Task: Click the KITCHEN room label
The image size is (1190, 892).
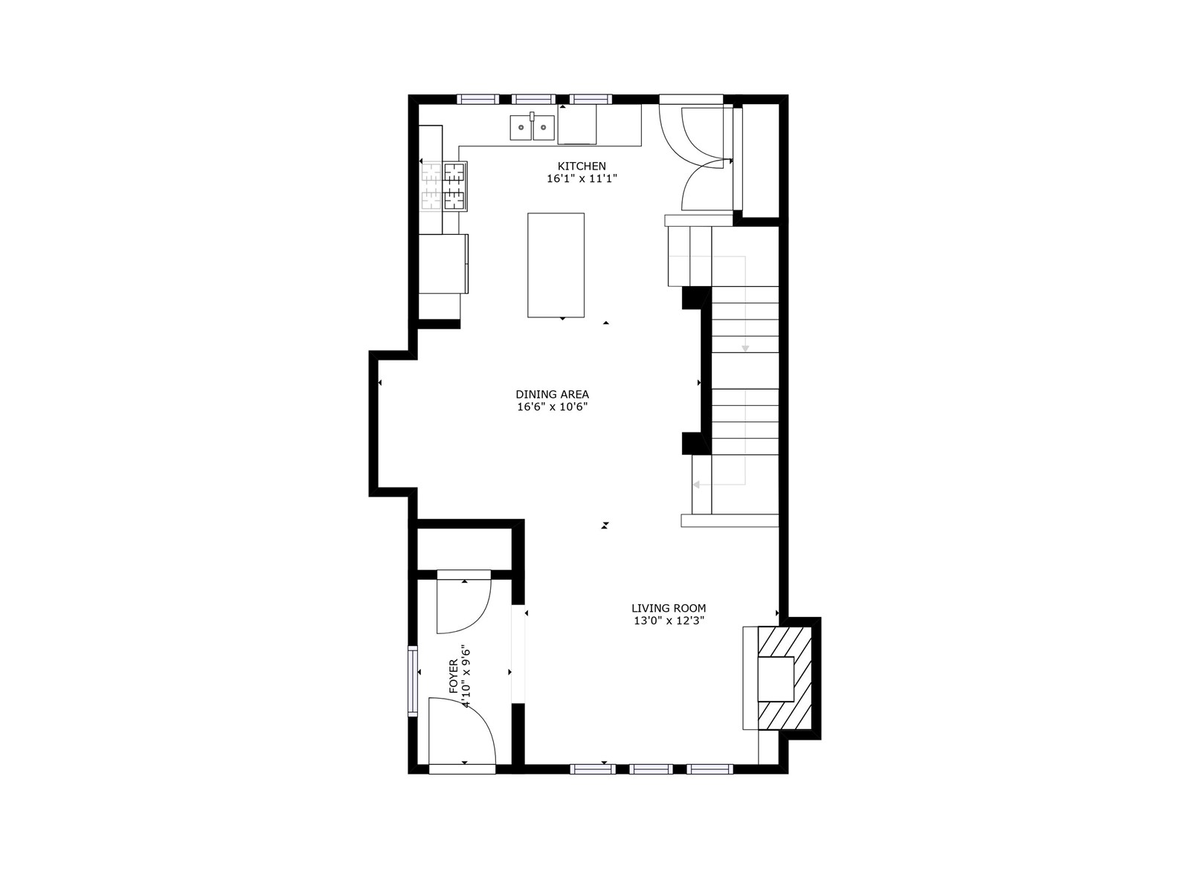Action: click(x=582, y=167)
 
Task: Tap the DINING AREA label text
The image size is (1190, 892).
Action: click(x=552, y=394)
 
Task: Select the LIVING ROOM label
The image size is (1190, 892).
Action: click(x=669, y=608)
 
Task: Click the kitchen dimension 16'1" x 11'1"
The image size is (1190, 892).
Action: click(x=582, y=178)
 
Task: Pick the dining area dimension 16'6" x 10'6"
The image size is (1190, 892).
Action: click(x=552, y=407)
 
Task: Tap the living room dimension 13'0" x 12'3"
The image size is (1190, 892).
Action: click(x=669, y=621)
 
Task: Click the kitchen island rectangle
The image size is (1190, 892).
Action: click(x=556, y=265)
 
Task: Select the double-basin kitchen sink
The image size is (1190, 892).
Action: click(x=532, y=127)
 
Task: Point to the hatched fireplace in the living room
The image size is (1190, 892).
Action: click(x=785, y=677)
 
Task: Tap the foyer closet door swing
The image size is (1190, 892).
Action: click(x=464, y=606)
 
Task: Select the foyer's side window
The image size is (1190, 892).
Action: click(x=413, y=681)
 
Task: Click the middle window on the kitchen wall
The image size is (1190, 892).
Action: click(x=533, y=99)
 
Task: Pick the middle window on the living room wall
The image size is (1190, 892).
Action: click(x=651, y=769)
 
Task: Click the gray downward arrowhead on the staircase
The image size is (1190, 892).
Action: click(x=745, y=348)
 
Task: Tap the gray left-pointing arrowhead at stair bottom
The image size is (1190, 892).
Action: click(x=696, y=484)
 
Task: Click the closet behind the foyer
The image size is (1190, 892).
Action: click(x=465, y=549)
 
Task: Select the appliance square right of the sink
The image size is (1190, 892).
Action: click(x=577, y=124)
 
